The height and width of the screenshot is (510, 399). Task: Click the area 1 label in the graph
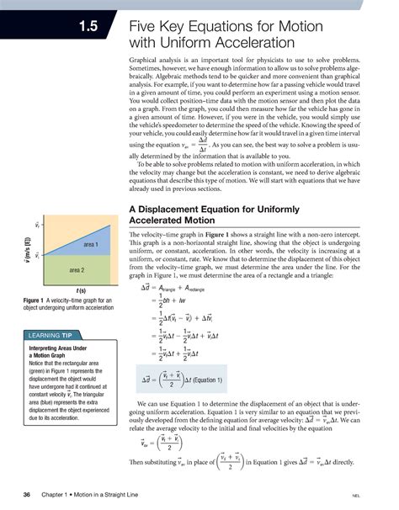[x=91, y=245]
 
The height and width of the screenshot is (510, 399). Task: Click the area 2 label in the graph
[x=77, y=270]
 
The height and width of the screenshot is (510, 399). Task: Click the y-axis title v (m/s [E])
[x=27, y=254]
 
